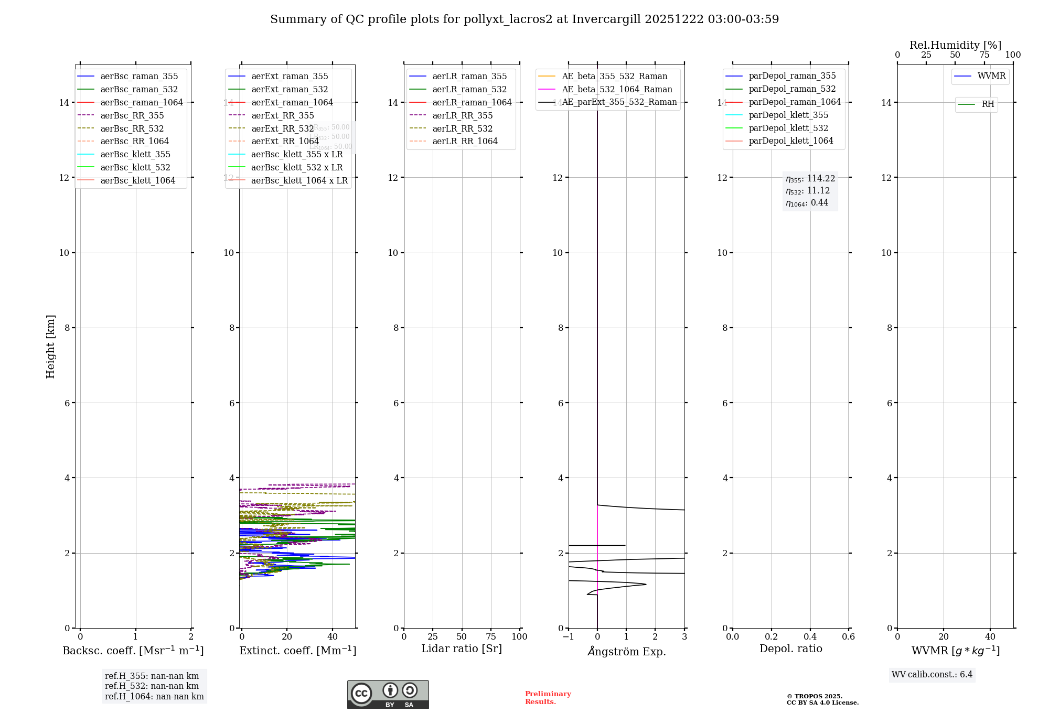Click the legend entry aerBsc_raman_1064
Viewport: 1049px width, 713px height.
point(142,102)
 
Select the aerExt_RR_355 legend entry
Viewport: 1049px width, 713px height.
point(282,115)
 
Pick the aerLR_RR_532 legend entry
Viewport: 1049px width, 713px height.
point(462,128)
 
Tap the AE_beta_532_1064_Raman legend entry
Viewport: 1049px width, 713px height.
point(617,89)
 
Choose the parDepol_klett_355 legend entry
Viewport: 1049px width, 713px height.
point(788,115)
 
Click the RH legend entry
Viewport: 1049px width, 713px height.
point(988,104)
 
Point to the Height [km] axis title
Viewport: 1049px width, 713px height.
point(50,346)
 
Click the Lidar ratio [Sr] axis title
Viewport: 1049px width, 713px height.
point(462,649)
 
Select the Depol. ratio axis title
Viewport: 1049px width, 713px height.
point(790,649)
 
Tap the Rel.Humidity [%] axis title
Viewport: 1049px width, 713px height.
point(955,45)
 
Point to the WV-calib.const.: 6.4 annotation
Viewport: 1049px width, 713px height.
point(932,674)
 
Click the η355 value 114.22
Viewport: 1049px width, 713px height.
point(821,179)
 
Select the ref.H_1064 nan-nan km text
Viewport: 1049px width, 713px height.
point(154,696)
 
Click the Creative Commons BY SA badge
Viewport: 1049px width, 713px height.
point(388,694)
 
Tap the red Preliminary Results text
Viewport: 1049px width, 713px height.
point(548,697)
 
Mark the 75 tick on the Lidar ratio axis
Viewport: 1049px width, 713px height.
point(491,636)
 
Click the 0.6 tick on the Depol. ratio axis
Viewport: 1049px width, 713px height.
point(848,636)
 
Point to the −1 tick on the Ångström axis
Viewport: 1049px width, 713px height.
point(568,636)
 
